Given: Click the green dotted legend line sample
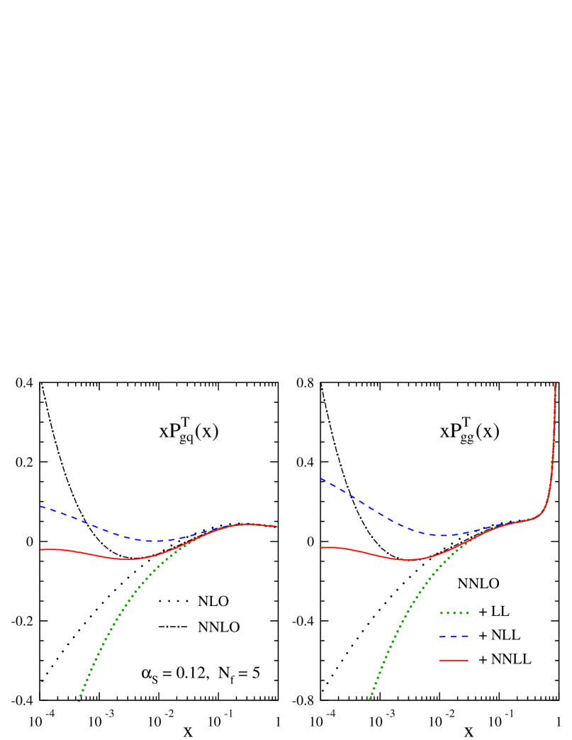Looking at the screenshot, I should point(454,612).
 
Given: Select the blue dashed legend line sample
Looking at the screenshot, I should point(454,637).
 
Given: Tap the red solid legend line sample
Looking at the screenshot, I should point(454,660).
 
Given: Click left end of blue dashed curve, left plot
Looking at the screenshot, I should point(41,507).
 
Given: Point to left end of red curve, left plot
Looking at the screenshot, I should point(41,549).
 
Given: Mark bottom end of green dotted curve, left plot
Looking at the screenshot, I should point(79,702).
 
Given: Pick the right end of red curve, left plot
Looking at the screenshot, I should point(275,526).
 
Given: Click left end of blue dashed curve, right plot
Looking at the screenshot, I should point(321,478).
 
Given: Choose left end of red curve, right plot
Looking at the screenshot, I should point(321,547).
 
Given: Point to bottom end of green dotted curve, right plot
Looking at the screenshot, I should point(369,700).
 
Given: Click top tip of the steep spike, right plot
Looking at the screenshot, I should point(555,383).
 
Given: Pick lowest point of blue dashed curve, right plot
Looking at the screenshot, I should point(444,535).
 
